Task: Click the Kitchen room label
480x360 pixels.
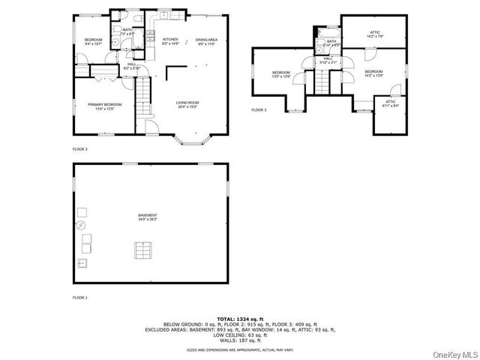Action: click(x=170, y=41)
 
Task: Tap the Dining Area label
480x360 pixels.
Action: click(x=207, y=41)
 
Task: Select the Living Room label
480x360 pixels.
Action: click(x=187, y=104)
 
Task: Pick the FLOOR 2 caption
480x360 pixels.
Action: click(x=79, y=149)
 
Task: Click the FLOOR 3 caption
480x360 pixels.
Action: click(x=259, y=110)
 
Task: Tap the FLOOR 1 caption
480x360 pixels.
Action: click(x=79, y=298)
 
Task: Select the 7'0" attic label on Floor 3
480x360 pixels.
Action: click(x=375, y=34)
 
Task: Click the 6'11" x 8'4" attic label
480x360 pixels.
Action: click(x=390, y=103)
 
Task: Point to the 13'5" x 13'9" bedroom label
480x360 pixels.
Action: click(x=280, y=74)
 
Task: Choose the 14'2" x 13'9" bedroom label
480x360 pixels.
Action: click(x=373, y=74)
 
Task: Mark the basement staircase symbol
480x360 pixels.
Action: click(x=142, y=250)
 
